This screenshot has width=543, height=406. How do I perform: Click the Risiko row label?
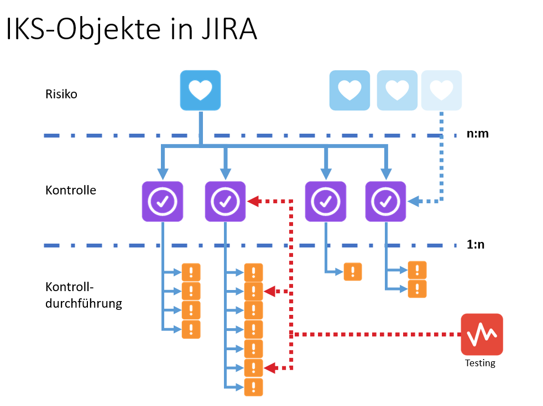click(x=61, y=94)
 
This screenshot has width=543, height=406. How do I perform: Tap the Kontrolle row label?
click(x=71, y=191)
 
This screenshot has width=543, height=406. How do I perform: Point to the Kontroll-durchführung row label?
click(x=83, y=296)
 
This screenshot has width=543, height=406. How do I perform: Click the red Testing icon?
click(x=482, y=334)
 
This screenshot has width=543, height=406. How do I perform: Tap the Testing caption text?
click(x=480, y=363)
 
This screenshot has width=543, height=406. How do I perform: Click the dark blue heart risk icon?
click(x=200, y=90)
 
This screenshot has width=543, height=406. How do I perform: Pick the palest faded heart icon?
click(x=441, y=90)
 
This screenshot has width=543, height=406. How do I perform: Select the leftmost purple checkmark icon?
click(x=163, y=202)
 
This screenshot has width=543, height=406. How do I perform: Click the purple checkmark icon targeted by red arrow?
click(x=225, y=202)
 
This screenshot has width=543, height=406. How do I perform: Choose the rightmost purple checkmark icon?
click(x=385, y=202)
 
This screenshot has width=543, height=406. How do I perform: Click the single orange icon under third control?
click(x=353, y=272)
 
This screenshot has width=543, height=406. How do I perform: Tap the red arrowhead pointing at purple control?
click(x=253, y=202)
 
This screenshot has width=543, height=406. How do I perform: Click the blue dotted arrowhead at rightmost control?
click(x=413, y=202)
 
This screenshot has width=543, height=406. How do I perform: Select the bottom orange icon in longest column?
click(x=253, y=387)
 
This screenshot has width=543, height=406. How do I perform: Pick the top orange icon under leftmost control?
click(x=191, y=272)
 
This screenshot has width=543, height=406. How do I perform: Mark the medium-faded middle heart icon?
click(x=396, y=90)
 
